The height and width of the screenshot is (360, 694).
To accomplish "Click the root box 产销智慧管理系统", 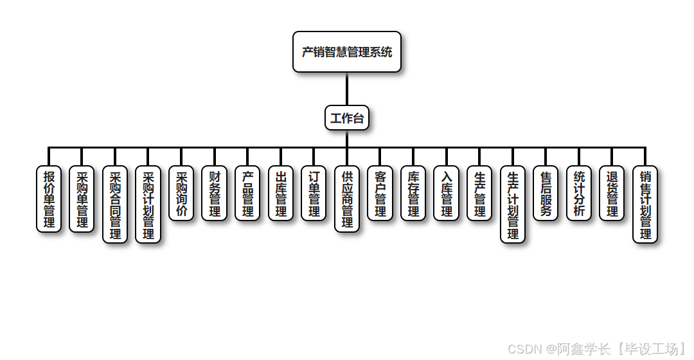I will [x=347, y=52].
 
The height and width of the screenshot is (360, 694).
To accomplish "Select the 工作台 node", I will [x=347, y=118].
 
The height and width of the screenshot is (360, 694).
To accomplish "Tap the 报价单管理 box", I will [x=49, y=199].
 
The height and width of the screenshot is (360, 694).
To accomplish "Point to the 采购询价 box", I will [x=181, y=194].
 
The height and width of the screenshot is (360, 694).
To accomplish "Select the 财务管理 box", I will [x=215, y=194].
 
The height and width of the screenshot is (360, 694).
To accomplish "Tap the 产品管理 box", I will [x=247, y=194].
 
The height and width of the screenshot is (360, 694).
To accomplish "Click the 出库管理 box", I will [x=281, y=194].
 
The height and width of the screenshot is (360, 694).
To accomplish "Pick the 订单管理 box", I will [x=314, y=194].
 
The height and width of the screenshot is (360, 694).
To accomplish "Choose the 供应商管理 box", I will [x=347, y=199].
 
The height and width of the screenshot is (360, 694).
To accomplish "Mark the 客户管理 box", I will [x=380, y=194].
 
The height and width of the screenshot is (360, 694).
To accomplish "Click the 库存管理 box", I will [x=413, y=194].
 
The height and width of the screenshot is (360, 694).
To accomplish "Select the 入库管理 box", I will [x=447, y=194].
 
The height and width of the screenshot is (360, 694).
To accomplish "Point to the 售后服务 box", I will [x=546, y=194].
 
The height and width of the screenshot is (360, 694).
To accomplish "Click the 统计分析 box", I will [x=579, y=194].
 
